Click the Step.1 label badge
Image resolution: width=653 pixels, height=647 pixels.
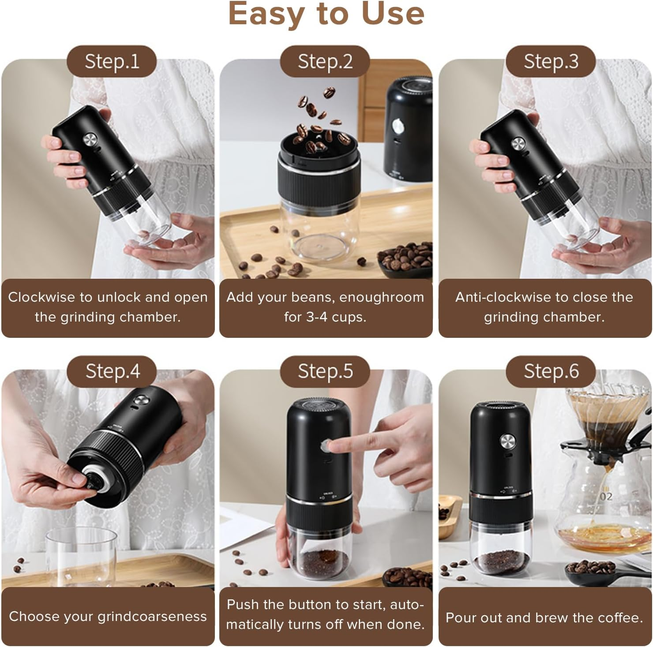pyautogui.click(x=112, y=61)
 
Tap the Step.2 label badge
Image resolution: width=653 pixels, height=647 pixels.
pyautogui.click(x=325, y=61)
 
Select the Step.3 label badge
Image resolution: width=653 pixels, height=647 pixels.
pyautogui.click(x=551, y=61)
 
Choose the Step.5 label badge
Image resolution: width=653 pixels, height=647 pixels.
pyautogui.click(x=325, y=371)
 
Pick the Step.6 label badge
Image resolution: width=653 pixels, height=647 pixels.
pyautogui.click(x=551, y=371)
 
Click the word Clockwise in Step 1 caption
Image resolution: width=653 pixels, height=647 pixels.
pyautogui.click(x=41, y=297)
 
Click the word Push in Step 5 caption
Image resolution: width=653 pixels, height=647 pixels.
pyautogui.click(x=242, y=604)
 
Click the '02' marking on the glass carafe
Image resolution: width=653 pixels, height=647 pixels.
pyautogui.click(x=606, y=497)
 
